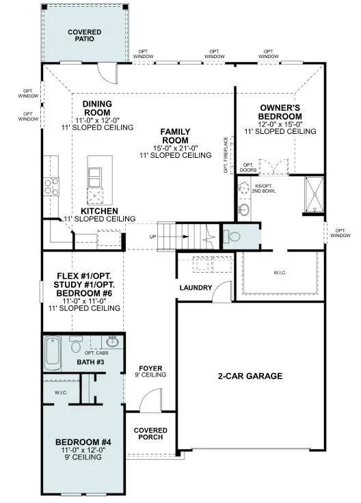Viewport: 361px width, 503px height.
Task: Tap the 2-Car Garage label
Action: click(250, 376)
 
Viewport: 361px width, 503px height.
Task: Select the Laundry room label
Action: click(196, 288)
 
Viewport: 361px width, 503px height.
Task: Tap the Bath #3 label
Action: click(90, 362)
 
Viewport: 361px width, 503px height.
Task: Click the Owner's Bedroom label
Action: click(280, 112)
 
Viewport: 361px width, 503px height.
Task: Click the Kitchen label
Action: click(101, 210)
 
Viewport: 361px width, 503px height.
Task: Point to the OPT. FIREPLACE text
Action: click(225, 157)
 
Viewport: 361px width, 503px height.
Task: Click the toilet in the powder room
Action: click(232, 237)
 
